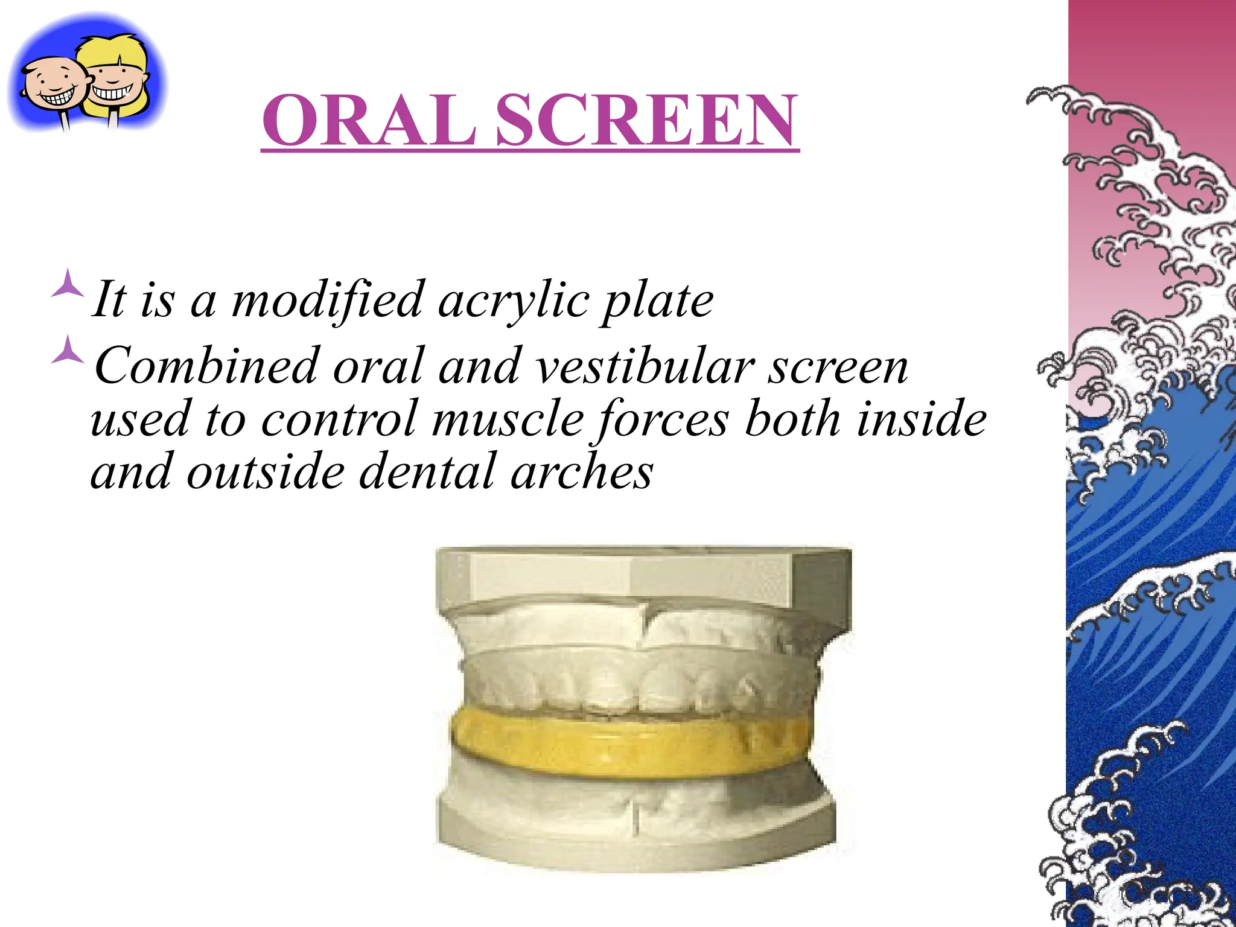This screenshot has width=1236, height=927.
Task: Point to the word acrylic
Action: click(x=513, y=300)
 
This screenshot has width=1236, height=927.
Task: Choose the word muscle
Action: click(x=508, y=419)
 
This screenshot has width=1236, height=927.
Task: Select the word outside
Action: click(x=266, y=472)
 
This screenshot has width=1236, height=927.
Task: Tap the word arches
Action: click(x=582, y=472)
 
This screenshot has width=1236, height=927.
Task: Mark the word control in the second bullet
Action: click(x=339, y=419)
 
